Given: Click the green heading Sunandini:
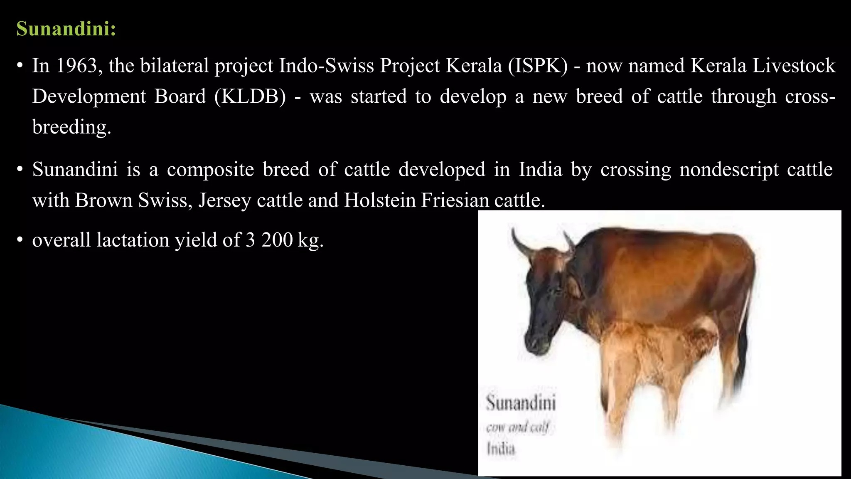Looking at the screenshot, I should click(x=66, y=29).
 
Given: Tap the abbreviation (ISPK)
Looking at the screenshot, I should click(x=537, y=66).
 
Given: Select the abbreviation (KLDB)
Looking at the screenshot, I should click(x=250, y=96).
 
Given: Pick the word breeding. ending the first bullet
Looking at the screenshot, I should click(x=72, y=127).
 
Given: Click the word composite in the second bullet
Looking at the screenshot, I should click(x=210, y=170).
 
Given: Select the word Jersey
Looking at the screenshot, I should click(x=225, y=200).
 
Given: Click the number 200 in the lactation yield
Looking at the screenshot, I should click(x=277, y=240).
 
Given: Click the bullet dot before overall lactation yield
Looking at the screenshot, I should click(x=19, y=240).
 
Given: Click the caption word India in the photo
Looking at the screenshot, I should click(x=501, y=449).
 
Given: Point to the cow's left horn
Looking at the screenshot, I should click(x=519, y=243).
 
